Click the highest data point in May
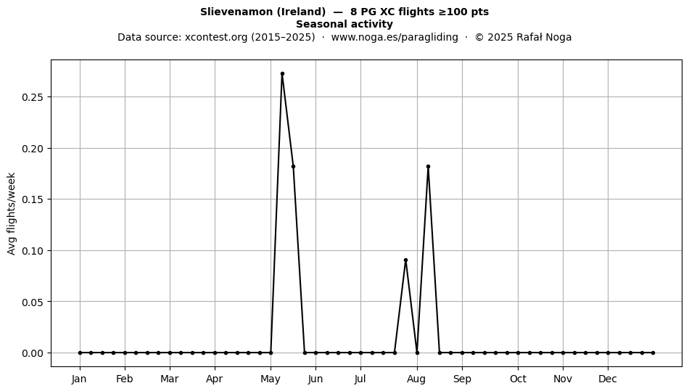[282, 74]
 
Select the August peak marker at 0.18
[428, 167]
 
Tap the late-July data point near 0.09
[405, 260]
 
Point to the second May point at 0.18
[293, 167]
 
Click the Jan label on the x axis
[80, 379]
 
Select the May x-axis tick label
[271, 379]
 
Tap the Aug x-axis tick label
[416, 379]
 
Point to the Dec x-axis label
[608, 379]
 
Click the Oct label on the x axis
[518, 379]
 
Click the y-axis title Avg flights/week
[12, 213]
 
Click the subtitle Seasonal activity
[344, 24]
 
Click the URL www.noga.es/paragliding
[395, 37]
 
